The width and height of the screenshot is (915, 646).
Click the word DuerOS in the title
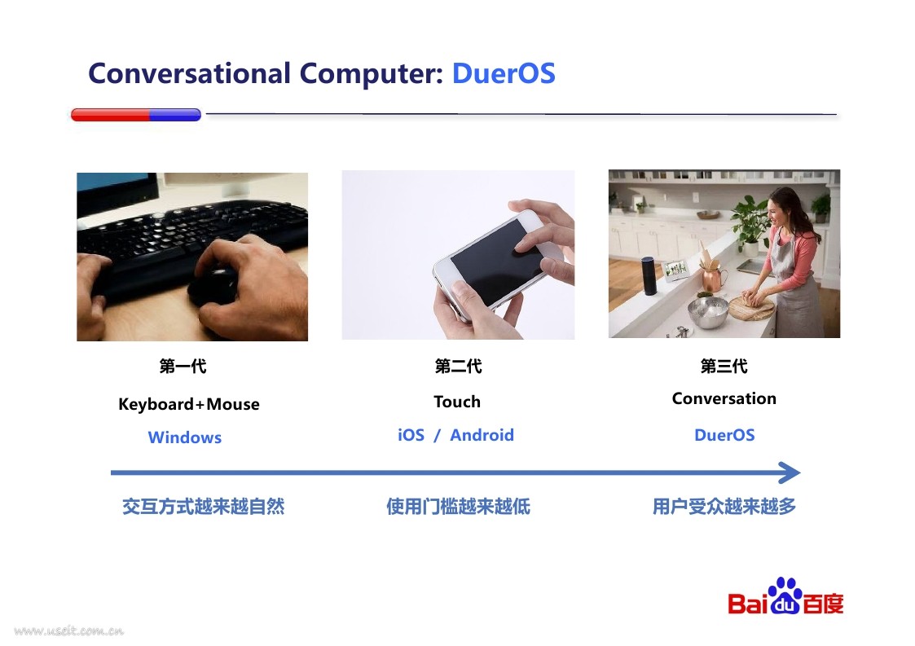[x=504, y=73]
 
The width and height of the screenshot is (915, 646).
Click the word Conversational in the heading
[x=189, y=73]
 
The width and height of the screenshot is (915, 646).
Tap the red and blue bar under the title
[x=136, y=114]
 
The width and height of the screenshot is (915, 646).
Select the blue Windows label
[x=185, y=437]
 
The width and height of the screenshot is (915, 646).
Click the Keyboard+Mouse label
[x=189, y=404]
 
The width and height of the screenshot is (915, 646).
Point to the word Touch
[x=457, y=402]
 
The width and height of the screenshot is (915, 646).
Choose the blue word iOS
[x=411, y=435]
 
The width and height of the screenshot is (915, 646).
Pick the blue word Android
[x=482, y=435]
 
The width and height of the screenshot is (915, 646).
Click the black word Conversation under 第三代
[x=724, y=398]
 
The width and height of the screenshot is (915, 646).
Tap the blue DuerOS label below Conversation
[x=725, y=435]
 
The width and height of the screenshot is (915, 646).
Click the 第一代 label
[x=183, y=367]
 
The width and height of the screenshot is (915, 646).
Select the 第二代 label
[x=458, y=367]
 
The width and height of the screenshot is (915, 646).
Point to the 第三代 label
[x=724, y=367]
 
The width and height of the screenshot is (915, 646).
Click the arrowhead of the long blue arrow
[x=790, y=472]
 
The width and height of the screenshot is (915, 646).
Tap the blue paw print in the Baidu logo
[x=785, y=595]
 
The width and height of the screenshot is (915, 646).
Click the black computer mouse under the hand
[x=213, y=286]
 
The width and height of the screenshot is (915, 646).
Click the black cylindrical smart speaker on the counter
[x=649, y=275]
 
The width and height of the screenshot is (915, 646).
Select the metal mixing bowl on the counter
[x=707, y=312]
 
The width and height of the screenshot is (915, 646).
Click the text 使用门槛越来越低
[x=458, y=507]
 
